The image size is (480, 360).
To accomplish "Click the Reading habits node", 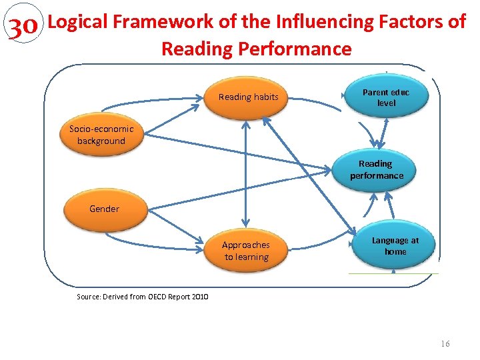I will pyautogui.click(x=248, y=97).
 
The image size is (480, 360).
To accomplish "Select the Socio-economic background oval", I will pyautogui.click(x=101, y=135).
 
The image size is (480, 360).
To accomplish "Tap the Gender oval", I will pyautogui.click(x=104, y=209).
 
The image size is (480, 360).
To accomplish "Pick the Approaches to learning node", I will pyautogui.click(x=246, y=251).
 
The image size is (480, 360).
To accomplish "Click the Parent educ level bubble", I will pyautogui.click(x=386, y=98).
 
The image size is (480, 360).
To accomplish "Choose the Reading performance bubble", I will pyautogui.click(x=377, y=169).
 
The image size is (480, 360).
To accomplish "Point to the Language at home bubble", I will pyautogui.click(x=395, y=246).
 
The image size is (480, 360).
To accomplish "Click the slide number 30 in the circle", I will pyautogui.click(x=22, y=27).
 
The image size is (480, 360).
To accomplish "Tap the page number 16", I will pyautogui.click(x=445, y=343).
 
